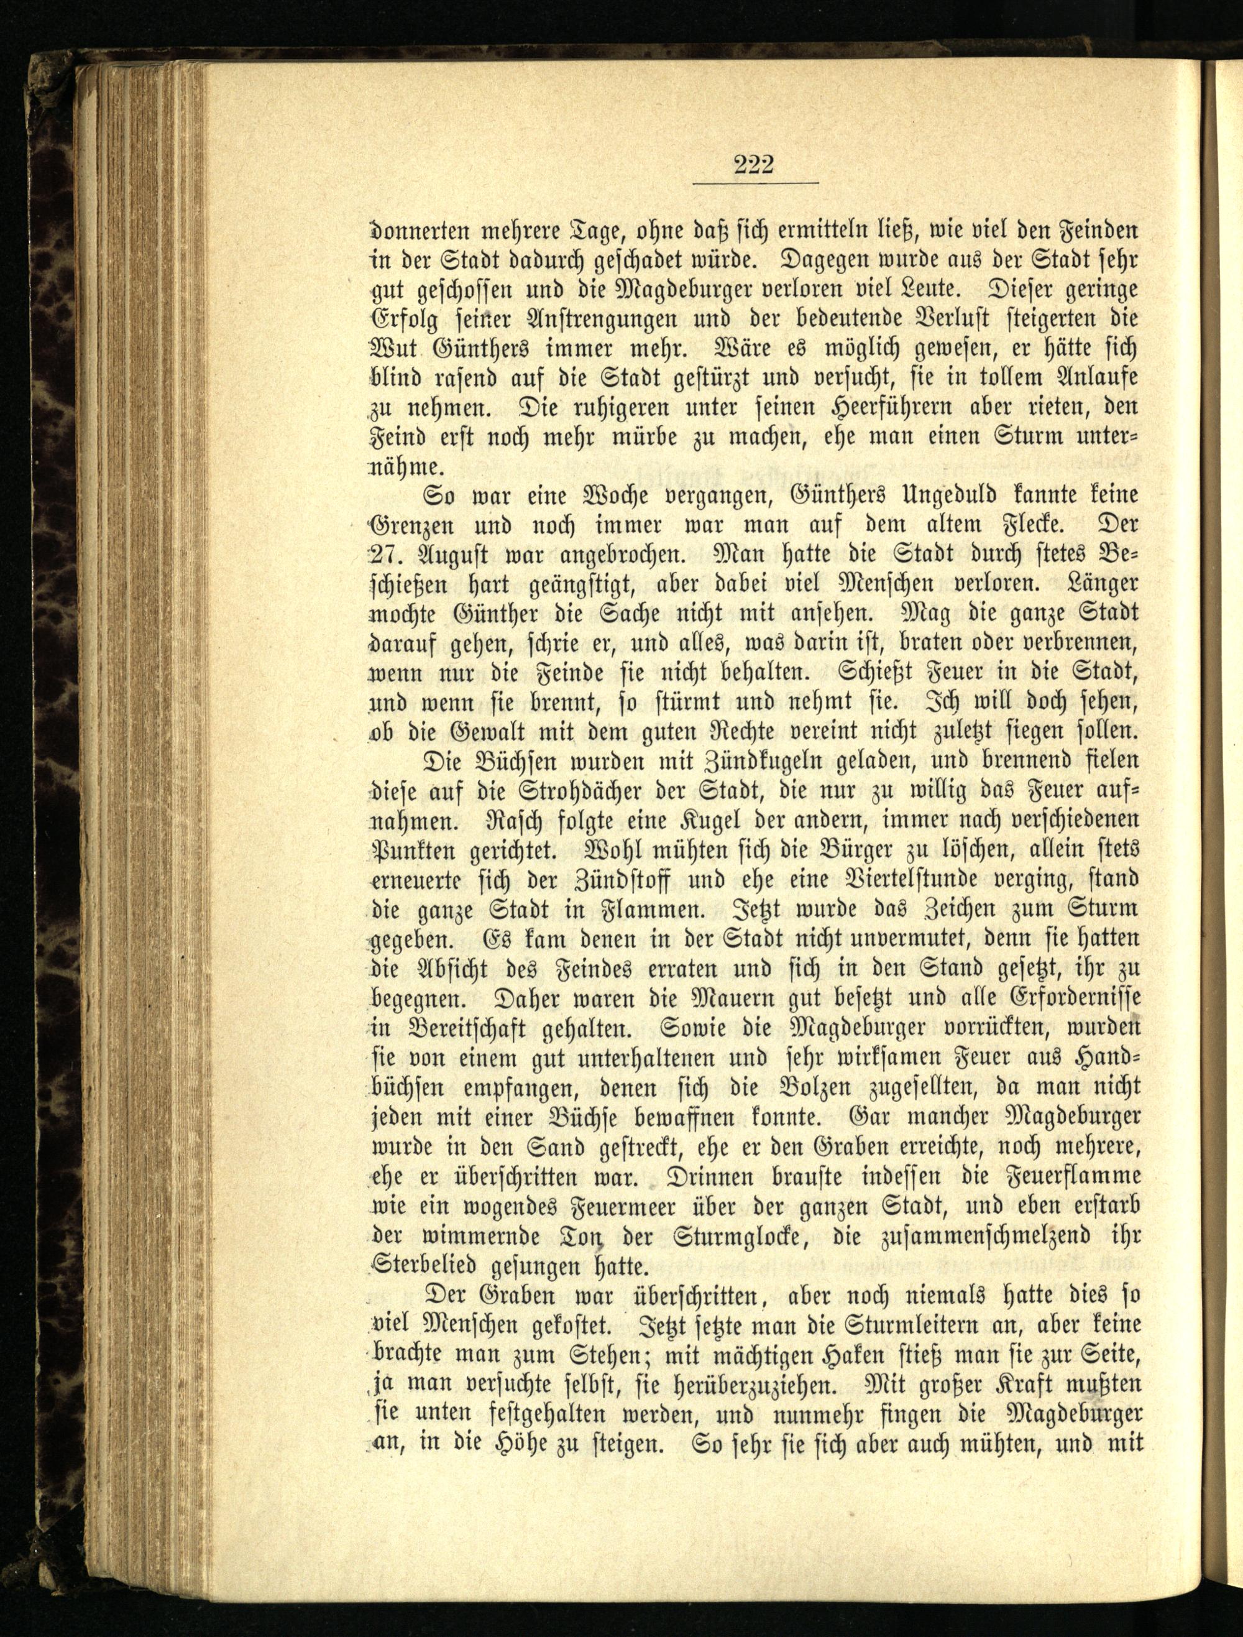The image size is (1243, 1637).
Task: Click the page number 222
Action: [753, 164]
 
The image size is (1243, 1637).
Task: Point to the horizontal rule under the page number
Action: [755, 182]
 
